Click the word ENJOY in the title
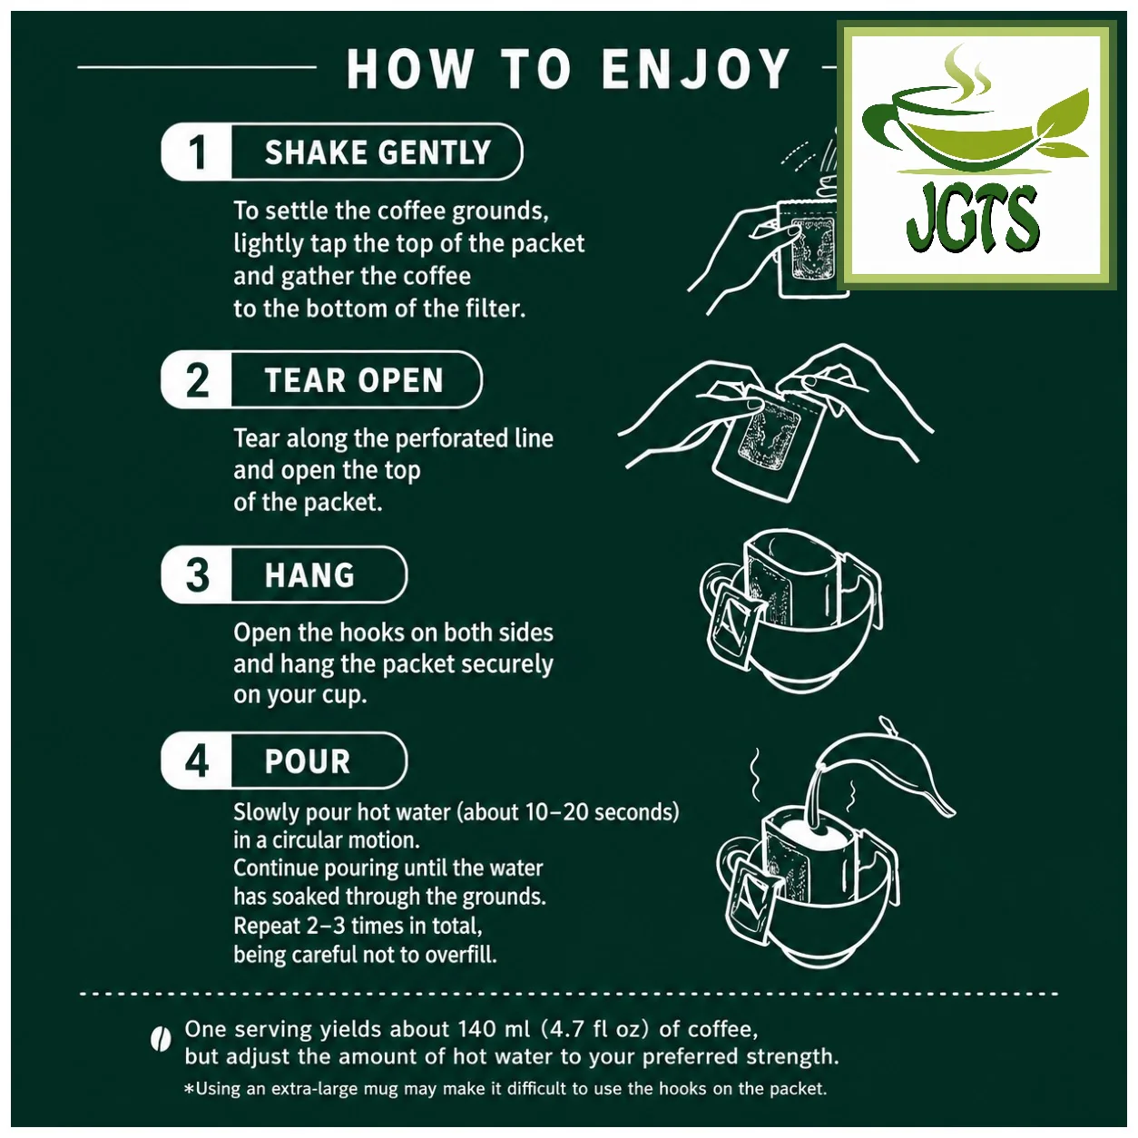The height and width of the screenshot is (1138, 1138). (x=695, y=70)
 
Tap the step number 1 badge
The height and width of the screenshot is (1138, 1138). (x=197, y=152)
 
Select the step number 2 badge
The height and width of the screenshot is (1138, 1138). (x=197, y=379)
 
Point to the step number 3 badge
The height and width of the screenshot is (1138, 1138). (x=197, y=574)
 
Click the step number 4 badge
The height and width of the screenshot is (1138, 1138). (x=197, y=760)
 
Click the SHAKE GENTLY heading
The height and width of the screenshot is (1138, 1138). (x=378, y=152)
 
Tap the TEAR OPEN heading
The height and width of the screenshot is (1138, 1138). (x=354, y=379)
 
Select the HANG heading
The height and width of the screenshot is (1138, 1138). (x=309, y=574)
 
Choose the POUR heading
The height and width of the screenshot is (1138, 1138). (x=308, y=761)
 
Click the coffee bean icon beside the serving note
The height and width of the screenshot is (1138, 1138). (x=160, y=1041)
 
